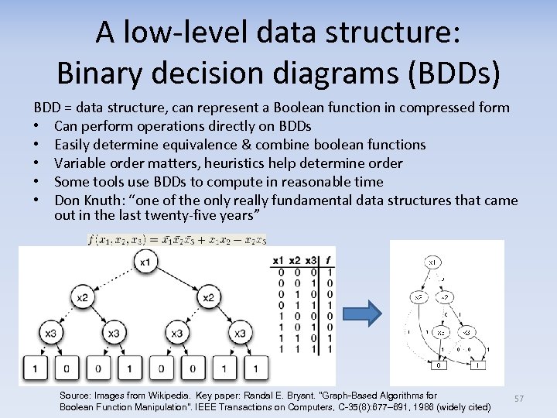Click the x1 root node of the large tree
click(x=145, y=263)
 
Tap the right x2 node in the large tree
click(x=208, y=297)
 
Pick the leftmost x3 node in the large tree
click(x=50, y=333)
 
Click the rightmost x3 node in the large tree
click(x=240, y=333)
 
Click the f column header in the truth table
click(x=329, y=261)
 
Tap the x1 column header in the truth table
click(x=281, y=261)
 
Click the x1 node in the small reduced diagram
click(x=432, y=263)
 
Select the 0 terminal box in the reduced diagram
click(x=439, y=365)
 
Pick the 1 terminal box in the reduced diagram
click(x=480, y=365)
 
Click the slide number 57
click(x=519, y=399)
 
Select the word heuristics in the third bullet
click(x=222, y=163)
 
